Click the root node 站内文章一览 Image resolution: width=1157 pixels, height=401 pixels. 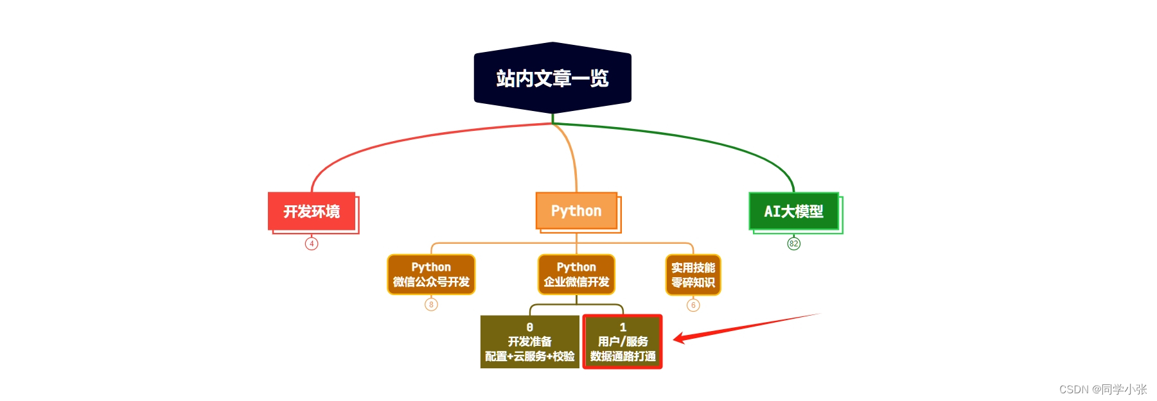tap(552, 78)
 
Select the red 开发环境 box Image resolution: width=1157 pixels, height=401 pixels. tap(312, 211)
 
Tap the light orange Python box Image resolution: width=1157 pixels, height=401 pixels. tap(576, 210)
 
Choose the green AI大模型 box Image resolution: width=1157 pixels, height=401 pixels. tap(793, 211)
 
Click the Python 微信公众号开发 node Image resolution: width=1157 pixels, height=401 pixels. tap(431, 275)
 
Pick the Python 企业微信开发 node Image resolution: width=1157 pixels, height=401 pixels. tap(576, 275)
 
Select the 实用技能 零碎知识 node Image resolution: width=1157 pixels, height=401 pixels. tap(693, 275)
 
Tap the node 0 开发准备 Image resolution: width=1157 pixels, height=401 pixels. tap(529, 342)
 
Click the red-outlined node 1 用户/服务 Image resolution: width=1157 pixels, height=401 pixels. tap(623, 342)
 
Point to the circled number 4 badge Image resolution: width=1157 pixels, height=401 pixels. tap(312, 244)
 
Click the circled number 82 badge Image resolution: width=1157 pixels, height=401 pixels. tap(794, 244)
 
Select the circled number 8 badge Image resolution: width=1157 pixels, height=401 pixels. tap(431, 305)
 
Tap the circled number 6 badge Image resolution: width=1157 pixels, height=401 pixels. tap(693, 305)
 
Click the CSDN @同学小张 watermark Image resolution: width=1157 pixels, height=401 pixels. tap(1102, 389)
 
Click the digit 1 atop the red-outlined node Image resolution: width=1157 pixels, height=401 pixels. tap(623, 327)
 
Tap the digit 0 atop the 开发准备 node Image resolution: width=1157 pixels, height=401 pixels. tap(529, 327)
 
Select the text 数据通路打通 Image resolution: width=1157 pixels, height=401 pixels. tap(623, 357)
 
